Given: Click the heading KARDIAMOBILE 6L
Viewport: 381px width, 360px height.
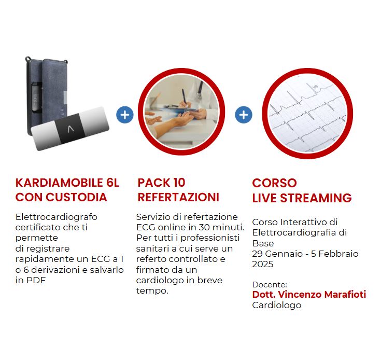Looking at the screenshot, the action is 67,183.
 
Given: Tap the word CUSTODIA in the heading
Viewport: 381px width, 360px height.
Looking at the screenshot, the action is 76,197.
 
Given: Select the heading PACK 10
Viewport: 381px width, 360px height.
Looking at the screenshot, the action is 161,183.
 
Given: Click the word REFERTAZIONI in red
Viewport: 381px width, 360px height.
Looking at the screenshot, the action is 178,197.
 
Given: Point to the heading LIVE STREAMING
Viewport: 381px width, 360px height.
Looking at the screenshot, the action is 302,198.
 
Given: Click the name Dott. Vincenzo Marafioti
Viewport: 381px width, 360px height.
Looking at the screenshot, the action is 309,294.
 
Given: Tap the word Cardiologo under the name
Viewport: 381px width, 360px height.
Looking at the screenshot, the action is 277,306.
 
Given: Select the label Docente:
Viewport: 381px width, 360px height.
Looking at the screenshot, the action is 270,285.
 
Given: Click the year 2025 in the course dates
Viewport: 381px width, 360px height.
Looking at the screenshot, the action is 263,264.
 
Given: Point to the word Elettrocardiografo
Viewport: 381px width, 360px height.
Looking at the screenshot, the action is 57,217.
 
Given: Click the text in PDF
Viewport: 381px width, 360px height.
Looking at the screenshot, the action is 31,280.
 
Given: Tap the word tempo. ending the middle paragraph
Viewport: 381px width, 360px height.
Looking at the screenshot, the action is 152,290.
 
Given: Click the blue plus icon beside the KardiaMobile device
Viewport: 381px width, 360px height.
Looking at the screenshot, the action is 125,115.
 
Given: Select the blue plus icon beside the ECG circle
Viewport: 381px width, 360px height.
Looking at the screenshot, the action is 244,115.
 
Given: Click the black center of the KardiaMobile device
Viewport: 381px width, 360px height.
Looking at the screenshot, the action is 70,128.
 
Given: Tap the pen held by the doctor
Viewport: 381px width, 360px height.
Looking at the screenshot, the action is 184,96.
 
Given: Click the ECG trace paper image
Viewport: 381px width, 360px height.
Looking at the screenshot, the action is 307,114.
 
